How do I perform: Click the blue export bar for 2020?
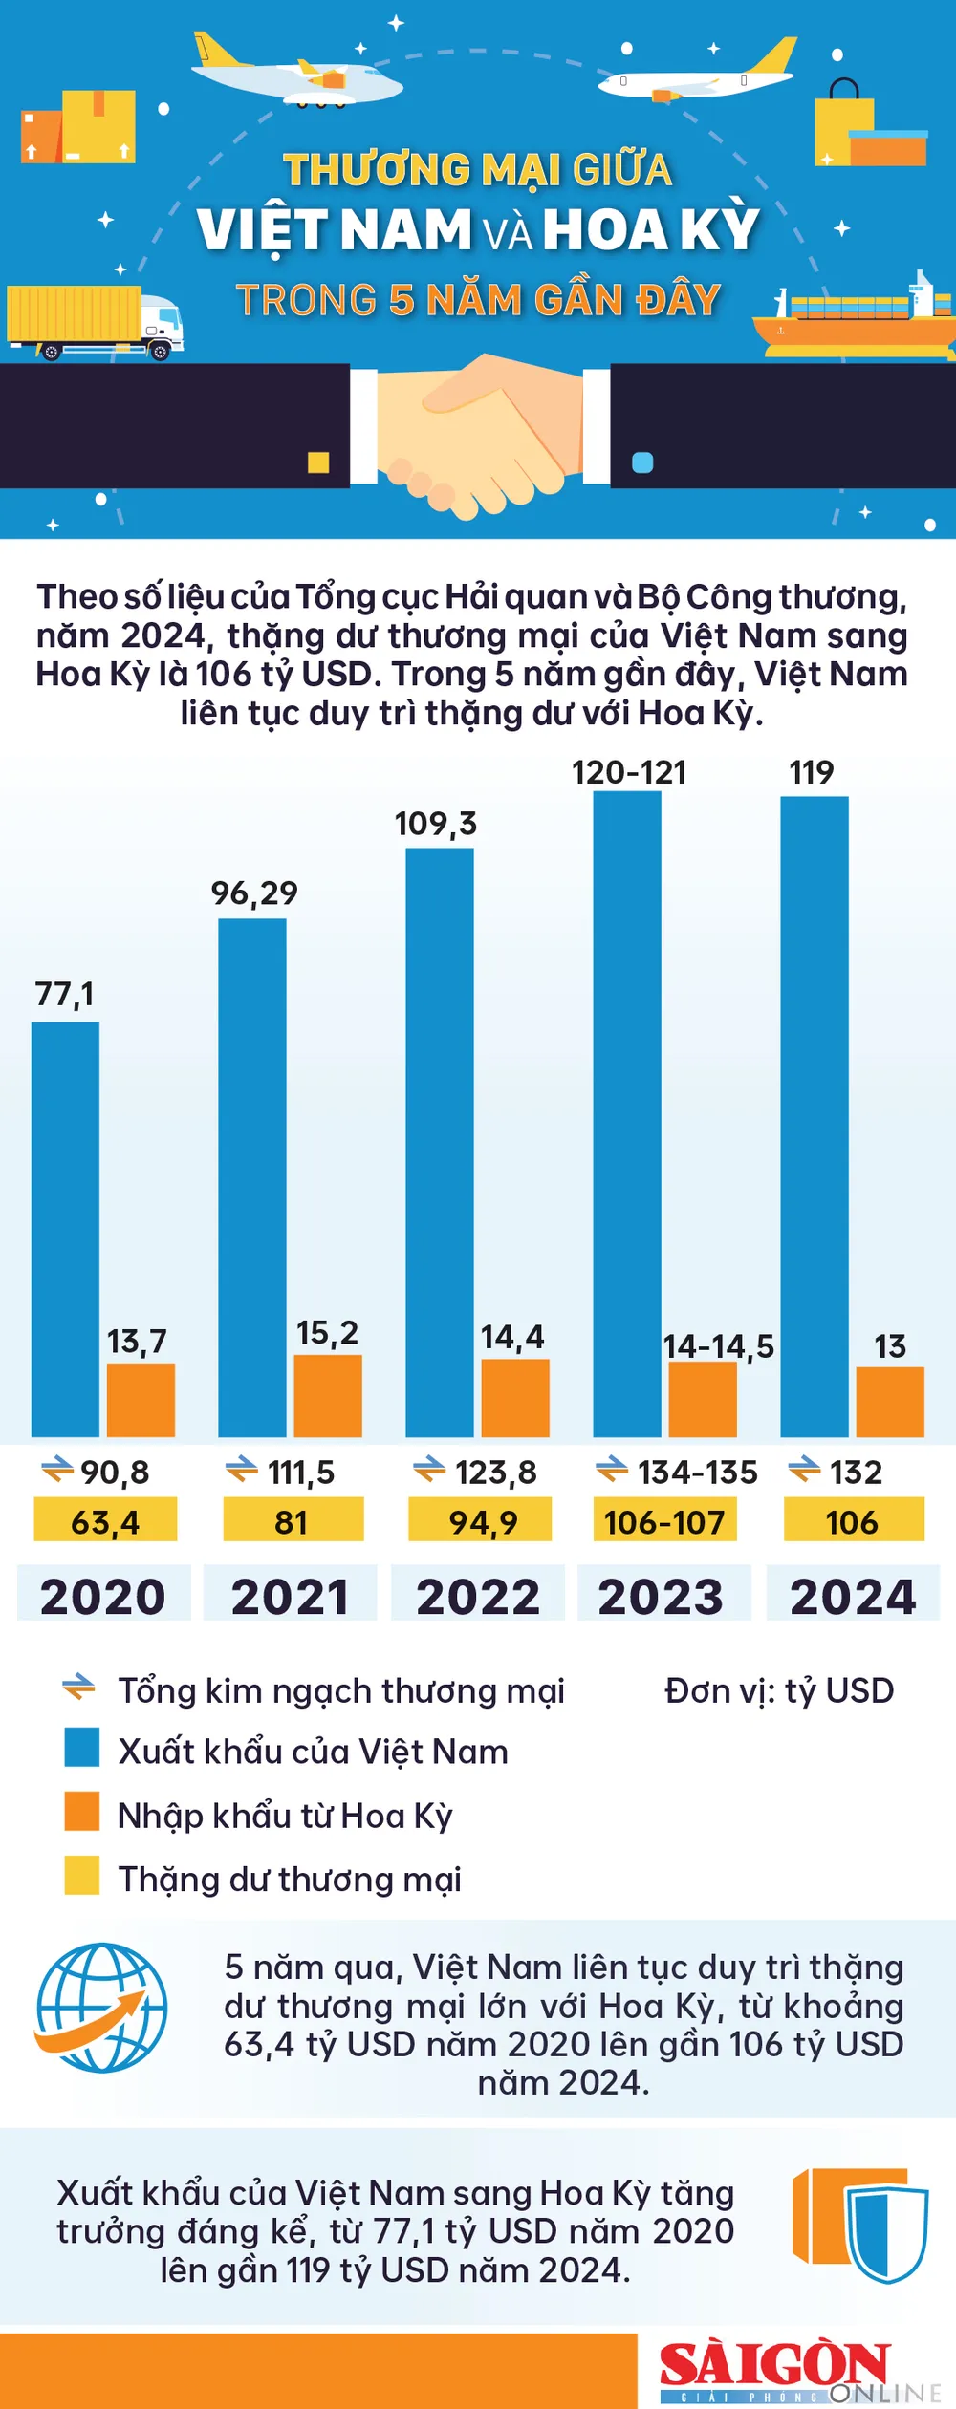tap(65, 1229)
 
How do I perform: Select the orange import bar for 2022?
tap(515, 1397)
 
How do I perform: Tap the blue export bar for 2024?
tap(815, 1116)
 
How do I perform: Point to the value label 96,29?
tap(254, 893)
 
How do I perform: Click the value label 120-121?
tap(629, 772)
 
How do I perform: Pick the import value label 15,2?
tap(327, 1333)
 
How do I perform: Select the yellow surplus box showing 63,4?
tap(105, 1520)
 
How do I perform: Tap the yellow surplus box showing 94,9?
tap(481, 1520)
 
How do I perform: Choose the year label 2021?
tap(291, 1597)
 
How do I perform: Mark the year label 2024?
tap(853, 1597)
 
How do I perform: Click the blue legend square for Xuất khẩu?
tap(82, 1747)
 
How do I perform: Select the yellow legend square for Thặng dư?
tap(82, 1875)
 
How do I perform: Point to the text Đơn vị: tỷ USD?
tap(779, 1690)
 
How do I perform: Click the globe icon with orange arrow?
tap(101, 2007)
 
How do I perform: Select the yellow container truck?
tap(94, 321)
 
